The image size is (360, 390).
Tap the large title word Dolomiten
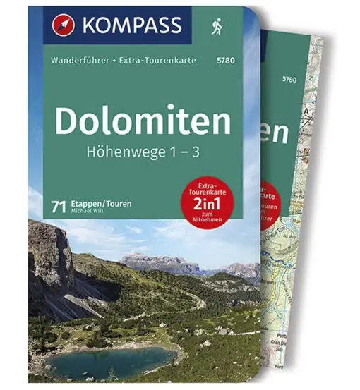click(x=142, y=121)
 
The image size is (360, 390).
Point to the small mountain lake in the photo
click(x=102, y=361)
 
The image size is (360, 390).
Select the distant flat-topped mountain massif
click(x=159, y=262)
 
